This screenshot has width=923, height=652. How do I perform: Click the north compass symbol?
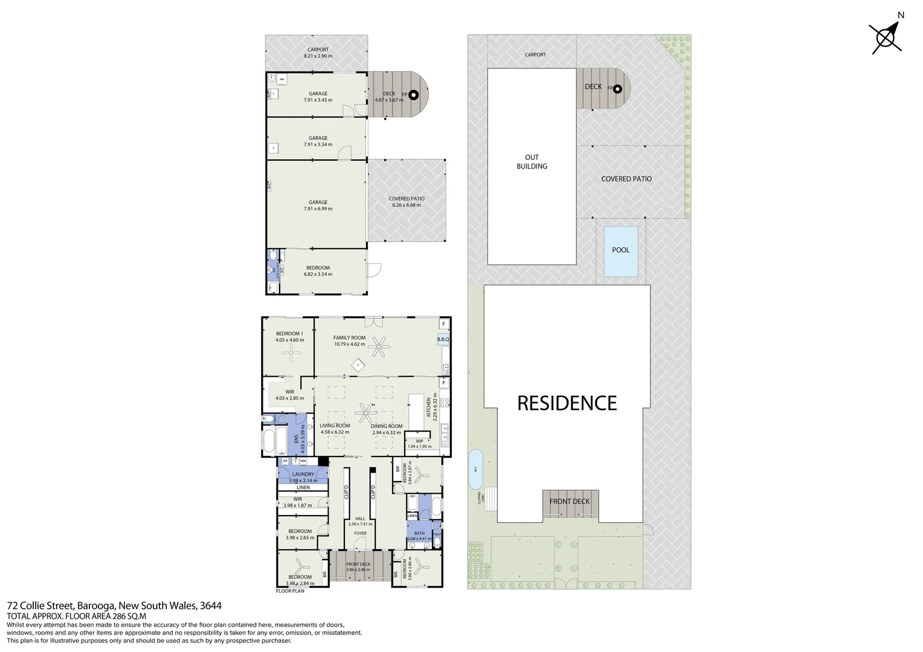tap(886, 38)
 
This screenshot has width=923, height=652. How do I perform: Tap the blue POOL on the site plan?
tap(620, 251)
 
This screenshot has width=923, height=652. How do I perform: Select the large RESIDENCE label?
tap(567, 403)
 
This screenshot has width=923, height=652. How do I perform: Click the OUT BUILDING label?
tap(532, 162)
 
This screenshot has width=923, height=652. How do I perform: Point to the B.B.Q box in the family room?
tap(443, 340)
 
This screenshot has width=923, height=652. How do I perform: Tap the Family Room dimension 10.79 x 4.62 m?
tap(350, 344)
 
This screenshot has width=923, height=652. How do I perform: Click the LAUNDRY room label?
tap(303, 475)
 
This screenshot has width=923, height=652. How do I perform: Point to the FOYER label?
tap(360, 533)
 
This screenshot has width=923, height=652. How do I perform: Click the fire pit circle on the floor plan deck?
tap(414, 95)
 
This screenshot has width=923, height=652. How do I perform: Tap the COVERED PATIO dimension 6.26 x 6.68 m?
tap(407, 205)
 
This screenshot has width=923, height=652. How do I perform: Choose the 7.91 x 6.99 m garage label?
tap(318, 209)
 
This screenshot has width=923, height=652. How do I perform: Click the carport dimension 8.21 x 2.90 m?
tap(318, 56)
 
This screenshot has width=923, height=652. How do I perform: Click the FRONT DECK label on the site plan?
tap(570, 502)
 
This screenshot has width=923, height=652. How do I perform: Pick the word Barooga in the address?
tap(95, 606)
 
